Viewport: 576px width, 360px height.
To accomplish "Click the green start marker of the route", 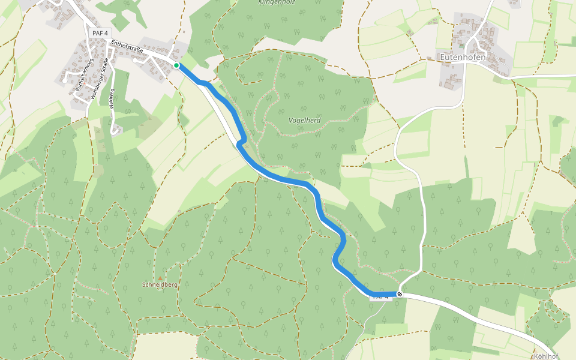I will (x=176, y=65).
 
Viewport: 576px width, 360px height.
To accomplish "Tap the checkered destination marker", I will (x=399, y=294).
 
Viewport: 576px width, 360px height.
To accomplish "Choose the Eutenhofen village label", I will (x=463, y=58).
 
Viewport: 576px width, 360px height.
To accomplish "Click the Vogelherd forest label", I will (x=305, y=120).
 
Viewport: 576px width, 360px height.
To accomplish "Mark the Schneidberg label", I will (x=160, y=284).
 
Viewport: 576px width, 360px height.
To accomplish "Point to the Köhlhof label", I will (x=545, y=356).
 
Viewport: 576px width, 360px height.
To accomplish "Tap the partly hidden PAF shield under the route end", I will (x=381, y=297).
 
